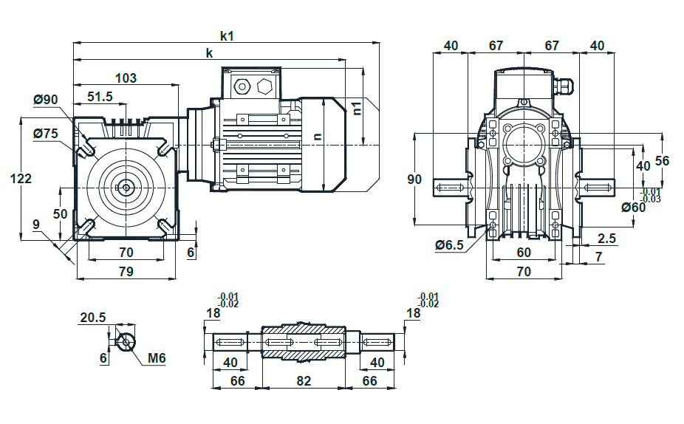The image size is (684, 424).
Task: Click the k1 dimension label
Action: point(227,35)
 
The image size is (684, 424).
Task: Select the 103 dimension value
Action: point(126,78)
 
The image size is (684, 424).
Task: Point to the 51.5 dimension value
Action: point(100,97)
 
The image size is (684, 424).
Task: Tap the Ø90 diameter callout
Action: point(45,100)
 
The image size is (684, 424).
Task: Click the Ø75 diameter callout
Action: point(45,133)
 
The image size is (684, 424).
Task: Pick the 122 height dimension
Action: point(21,179)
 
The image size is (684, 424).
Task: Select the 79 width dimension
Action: point(126,271)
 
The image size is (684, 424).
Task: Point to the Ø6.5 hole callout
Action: point(449,245)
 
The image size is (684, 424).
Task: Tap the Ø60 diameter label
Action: point(633,208)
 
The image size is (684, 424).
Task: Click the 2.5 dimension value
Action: point(606,238)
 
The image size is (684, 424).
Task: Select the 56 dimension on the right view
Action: point(662,161)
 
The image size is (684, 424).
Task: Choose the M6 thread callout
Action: point(157,358)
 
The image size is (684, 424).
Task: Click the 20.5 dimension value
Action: point(92,318)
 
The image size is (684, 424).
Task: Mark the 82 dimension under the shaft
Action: point(304,381)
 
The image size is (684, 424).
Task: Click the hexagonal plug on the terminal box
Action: point(264,86)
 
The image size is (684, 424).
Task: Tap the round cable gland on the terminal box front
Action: point(241,86)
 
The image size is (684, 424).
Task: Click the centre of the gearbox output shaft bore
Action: point(126,188)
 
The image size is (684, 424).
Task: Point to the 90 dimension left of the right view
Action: point(414,179)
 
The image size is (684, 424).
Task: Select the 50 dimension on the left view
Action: point(60,213)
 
